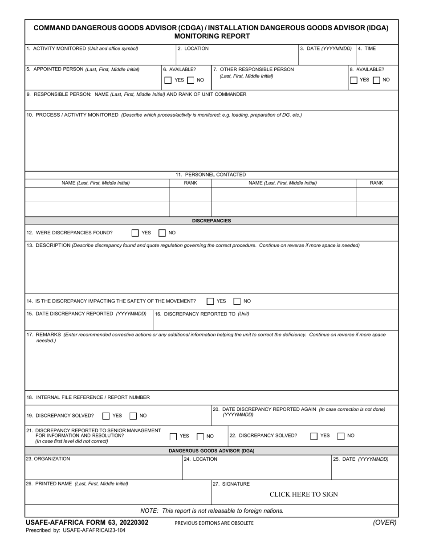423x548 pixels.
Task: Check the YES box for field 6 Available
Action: coord(168,80)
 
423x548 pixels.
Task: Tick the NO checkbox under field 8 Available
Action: coord(376,80)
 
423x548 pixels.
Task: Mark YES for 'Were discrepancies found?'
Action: coord(135,233)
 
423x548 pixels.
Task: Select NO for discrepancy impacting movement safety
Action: coord(237,301)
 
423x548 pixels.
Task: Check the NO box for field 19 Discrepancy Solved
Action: coord(133,416)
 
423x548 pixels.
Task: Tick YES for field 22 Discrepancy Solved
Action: coord(314,436)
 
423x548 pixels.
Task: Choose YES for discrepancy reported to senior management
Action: coord(173,436)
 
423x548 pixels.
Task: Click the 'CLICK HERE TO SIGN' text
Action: coord(304,494)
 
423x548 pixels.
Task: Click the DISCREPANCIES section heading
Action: coord(211,221)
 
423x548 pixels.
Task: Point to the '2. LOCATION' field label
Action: coord(193,49)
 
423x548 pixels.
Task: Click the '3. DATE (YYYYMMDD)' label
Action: coord(325,49)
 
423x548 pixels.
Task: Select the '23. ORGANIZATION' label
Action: coord(48,458)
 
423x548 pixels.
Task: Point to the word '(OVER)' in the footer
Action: coord(384,523)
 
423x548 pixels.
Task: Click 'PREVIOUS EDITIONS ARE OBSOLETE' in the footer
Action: coord(214,523)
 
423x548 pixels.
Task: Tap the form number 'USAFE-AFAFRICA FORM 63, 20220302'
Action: coord(87,523)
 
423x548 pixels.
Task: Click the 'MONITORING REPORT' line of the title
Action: coord(211,36)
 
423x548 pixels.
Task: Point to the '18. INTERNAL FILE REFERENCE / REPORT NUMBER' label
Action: coord(88,397)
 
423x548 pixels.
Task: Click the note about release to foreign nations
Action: coord(212,511)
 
